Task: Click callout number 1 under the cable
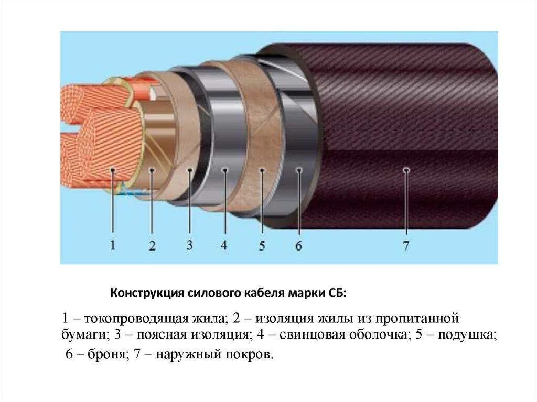(112, 245)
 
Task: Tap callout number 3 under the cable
(189, 245)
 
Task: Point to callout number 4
(224, 245)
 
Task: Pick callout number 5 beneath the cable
(262, 246)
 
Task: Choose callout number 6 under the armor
(298, 246)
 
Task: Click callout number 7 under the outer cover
(405, 246)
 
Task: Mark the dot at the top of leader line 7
(405, 169)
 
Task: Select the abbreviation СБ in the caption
(338, 292)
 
